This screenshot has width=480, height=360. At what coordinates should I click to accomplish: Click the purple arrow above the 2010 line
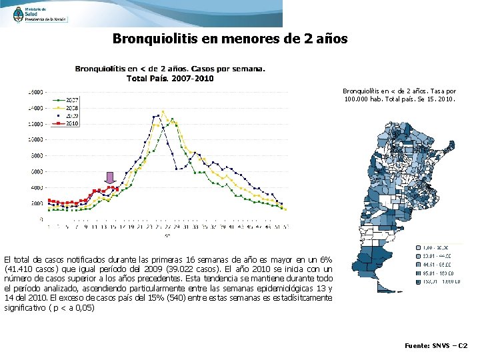[x=110, y=178]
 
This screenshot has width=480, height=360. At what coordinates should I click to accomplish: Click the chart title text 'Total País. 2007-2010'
[x=170, y=78]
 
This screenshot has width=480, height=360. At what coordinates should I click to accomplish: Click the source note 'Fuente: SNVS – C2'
[x=437, y=346]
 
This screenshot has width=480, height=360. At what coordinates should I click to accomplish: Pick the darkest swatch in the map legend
[x=413, y=281]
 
